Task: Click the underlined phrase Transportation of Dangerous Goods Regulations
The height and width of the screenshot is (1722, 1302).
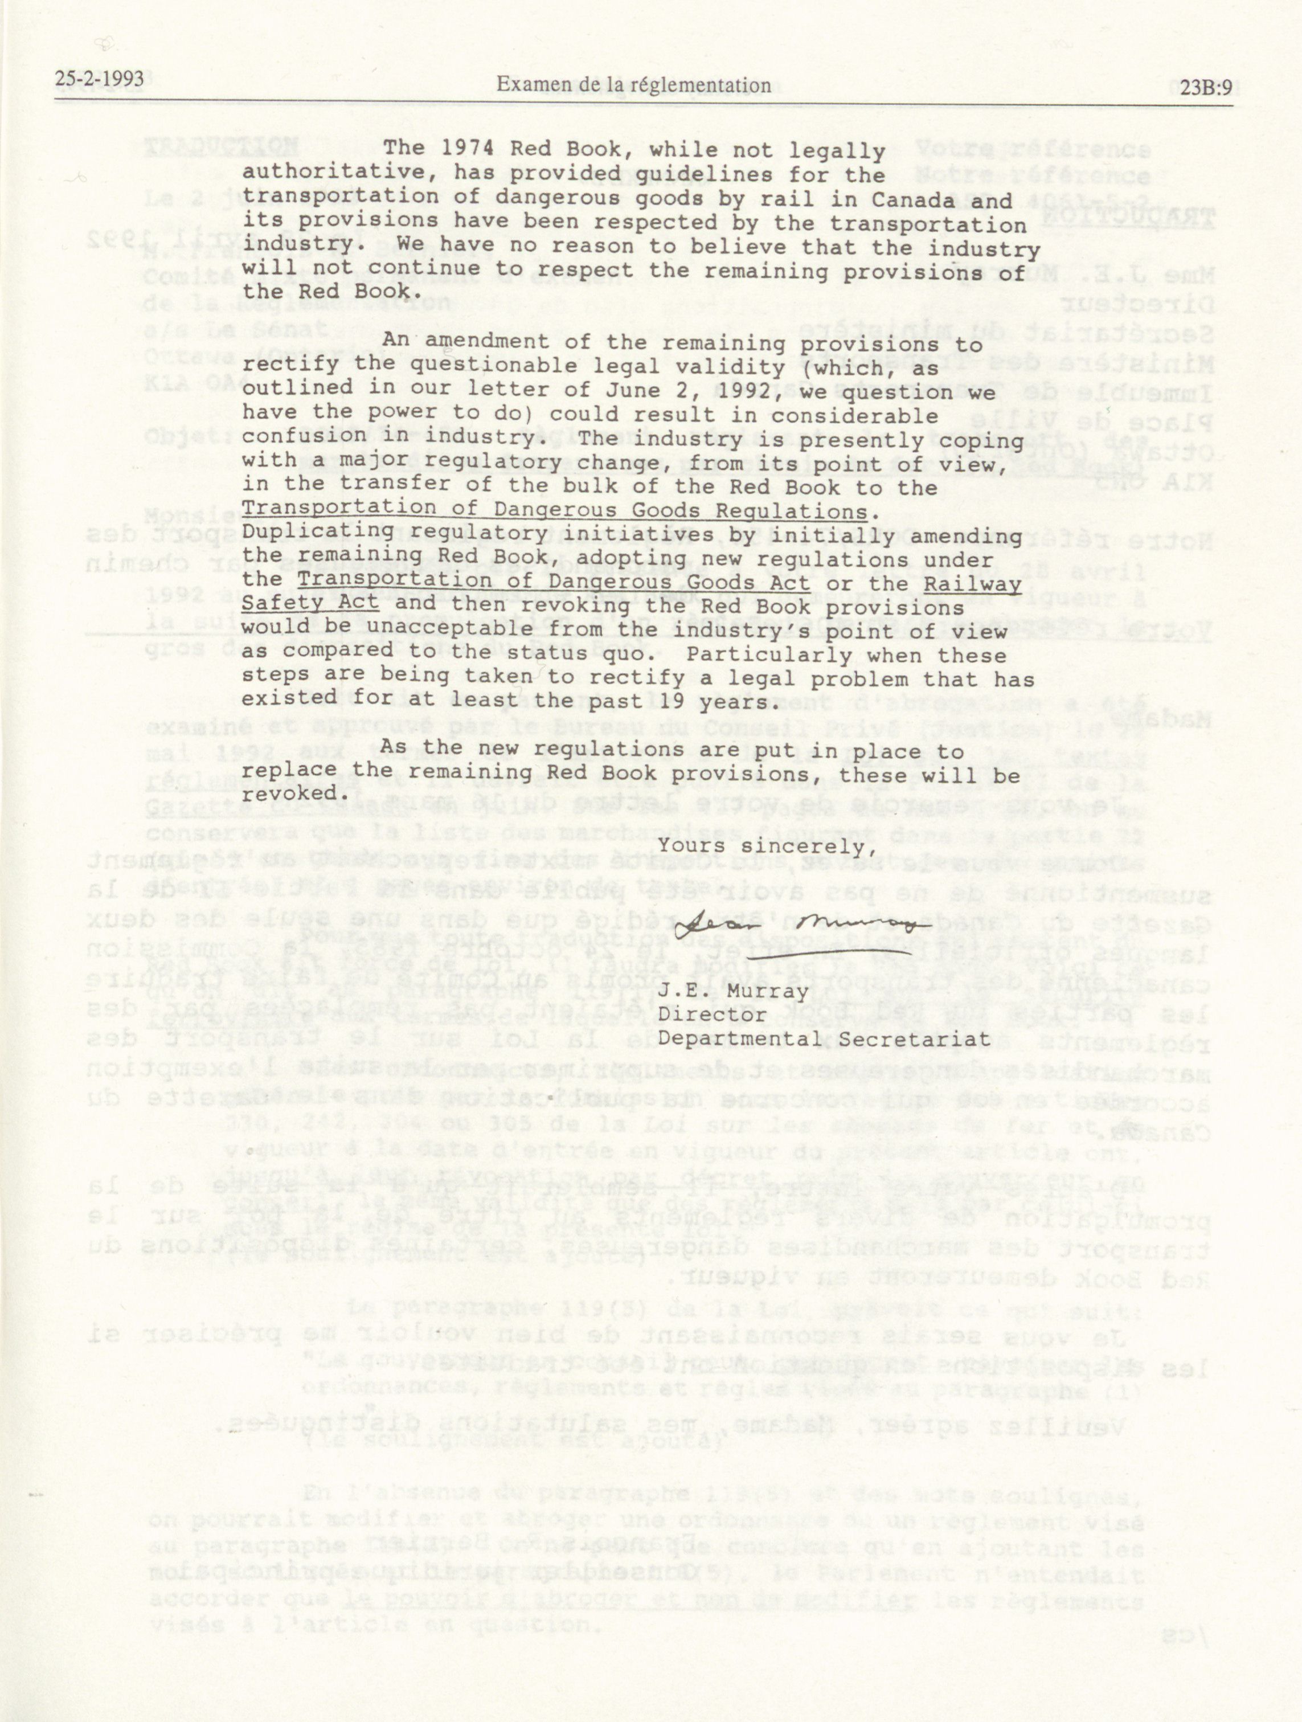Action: (554, 512)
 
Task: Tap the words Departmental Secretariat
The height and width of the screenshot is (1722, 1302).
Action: (824, 1038)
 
